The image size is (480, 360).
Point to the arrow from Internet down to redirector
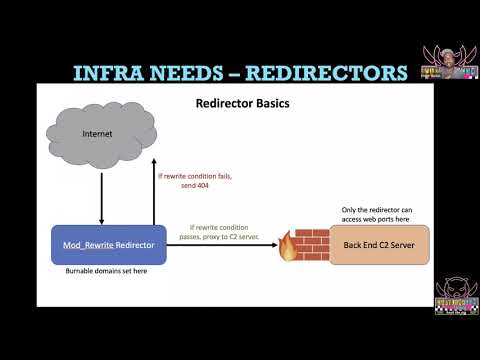[x=101, y=200]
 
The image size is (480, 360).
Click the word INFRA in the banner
[x=113, y=72]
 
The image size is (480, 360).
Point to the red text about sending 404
[x=196, y=181]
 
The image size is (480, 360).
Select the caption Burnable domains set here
[x=106, y=272]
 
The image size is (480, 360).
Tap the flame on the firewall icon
[x=289, y=246]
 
